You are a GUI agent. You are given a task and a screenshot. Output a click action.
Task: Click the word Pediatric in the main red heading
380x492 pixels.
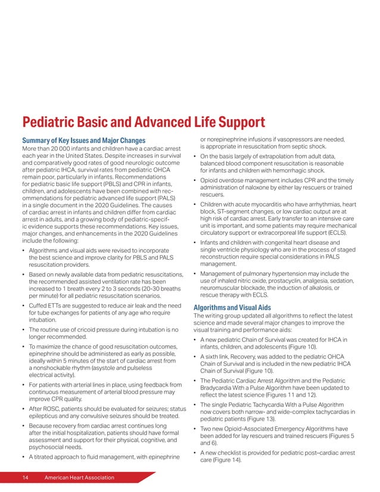[x=52, y=122]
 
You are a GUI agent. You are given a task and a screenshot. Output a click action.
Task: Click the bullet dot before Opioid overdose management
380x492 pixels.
[x=196, y=180]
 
